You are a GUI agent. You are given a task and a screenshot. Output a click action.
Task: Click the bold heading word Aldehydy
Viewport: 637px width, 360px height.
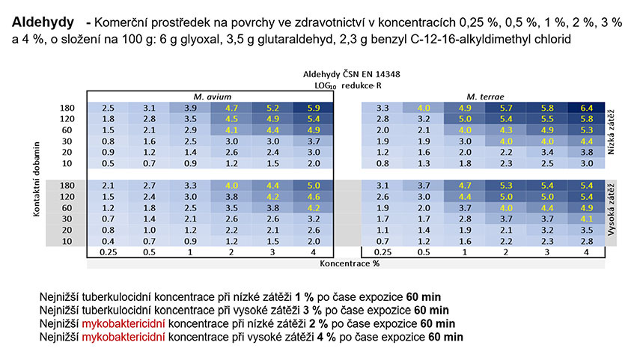[43, 22]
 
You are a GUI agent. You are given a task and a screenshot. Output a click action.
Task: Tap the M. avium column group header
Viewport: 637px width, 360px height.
[212, 97]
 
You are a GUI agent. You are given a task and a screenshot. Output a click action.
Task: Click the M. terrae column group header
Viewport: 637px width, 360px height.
[485, 97]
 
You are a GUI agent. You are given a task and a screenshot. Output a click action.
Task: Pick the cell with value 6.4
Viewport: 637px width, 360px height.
[586, 108]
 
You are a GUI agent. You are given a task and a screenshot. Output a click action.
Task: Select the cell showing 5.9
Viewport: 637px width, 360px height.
[313, 108]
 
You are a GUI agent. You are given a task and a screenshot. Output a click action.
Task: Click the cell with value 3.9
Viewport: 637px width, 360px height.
[190, 108]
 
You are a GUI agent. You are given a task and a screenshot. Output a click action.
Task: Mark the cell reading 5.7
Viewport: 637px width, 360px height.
[506, 108]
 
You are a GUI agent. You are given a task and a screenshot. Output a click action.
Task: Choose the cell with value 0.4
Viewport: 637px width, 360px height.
[108, 241]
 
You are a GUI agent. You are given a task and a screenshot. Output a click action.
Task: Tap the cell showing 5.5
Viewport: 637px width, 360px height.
[547, 119]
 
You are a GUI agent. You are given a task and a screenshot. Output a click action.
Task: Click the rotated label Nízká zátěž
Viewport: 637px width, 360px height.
[611, 132]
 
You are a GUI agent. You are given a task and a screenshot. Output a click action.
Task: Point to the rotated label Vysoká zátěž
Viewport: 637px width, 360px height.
[611, 210]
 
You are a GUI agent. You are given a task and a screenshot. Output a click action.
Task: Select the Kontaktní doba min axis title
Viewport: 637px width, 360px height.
[37, 179]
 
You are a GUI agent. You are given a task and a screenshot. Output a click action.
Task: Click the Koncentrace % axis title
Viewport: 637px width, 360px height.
[350, 263]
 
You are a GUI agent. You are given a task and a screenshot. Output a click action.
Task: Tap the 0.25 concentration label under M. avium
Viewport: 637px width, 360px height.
[108, 252]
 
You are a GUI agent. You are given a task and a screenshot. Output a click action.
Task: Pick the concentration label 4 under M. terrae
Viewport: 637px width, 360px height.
[586, 252]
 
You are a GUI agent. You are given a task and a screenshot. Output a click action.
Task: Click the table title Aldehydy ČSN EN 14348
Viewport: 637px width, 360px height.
[351, 74]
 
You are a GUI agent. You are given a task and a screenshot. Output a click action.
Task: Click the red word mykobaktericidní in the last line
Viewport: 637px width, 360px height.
[124, 338]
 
